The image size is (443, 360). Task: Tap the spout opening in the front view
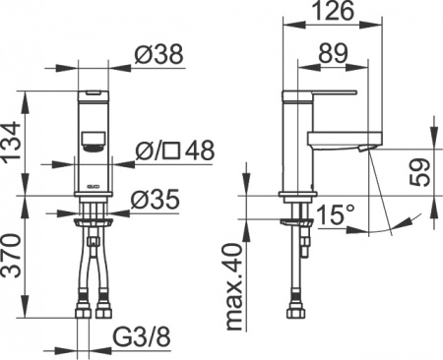[92, 146]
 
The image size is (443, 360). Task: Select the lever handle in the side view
[325, 93]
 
